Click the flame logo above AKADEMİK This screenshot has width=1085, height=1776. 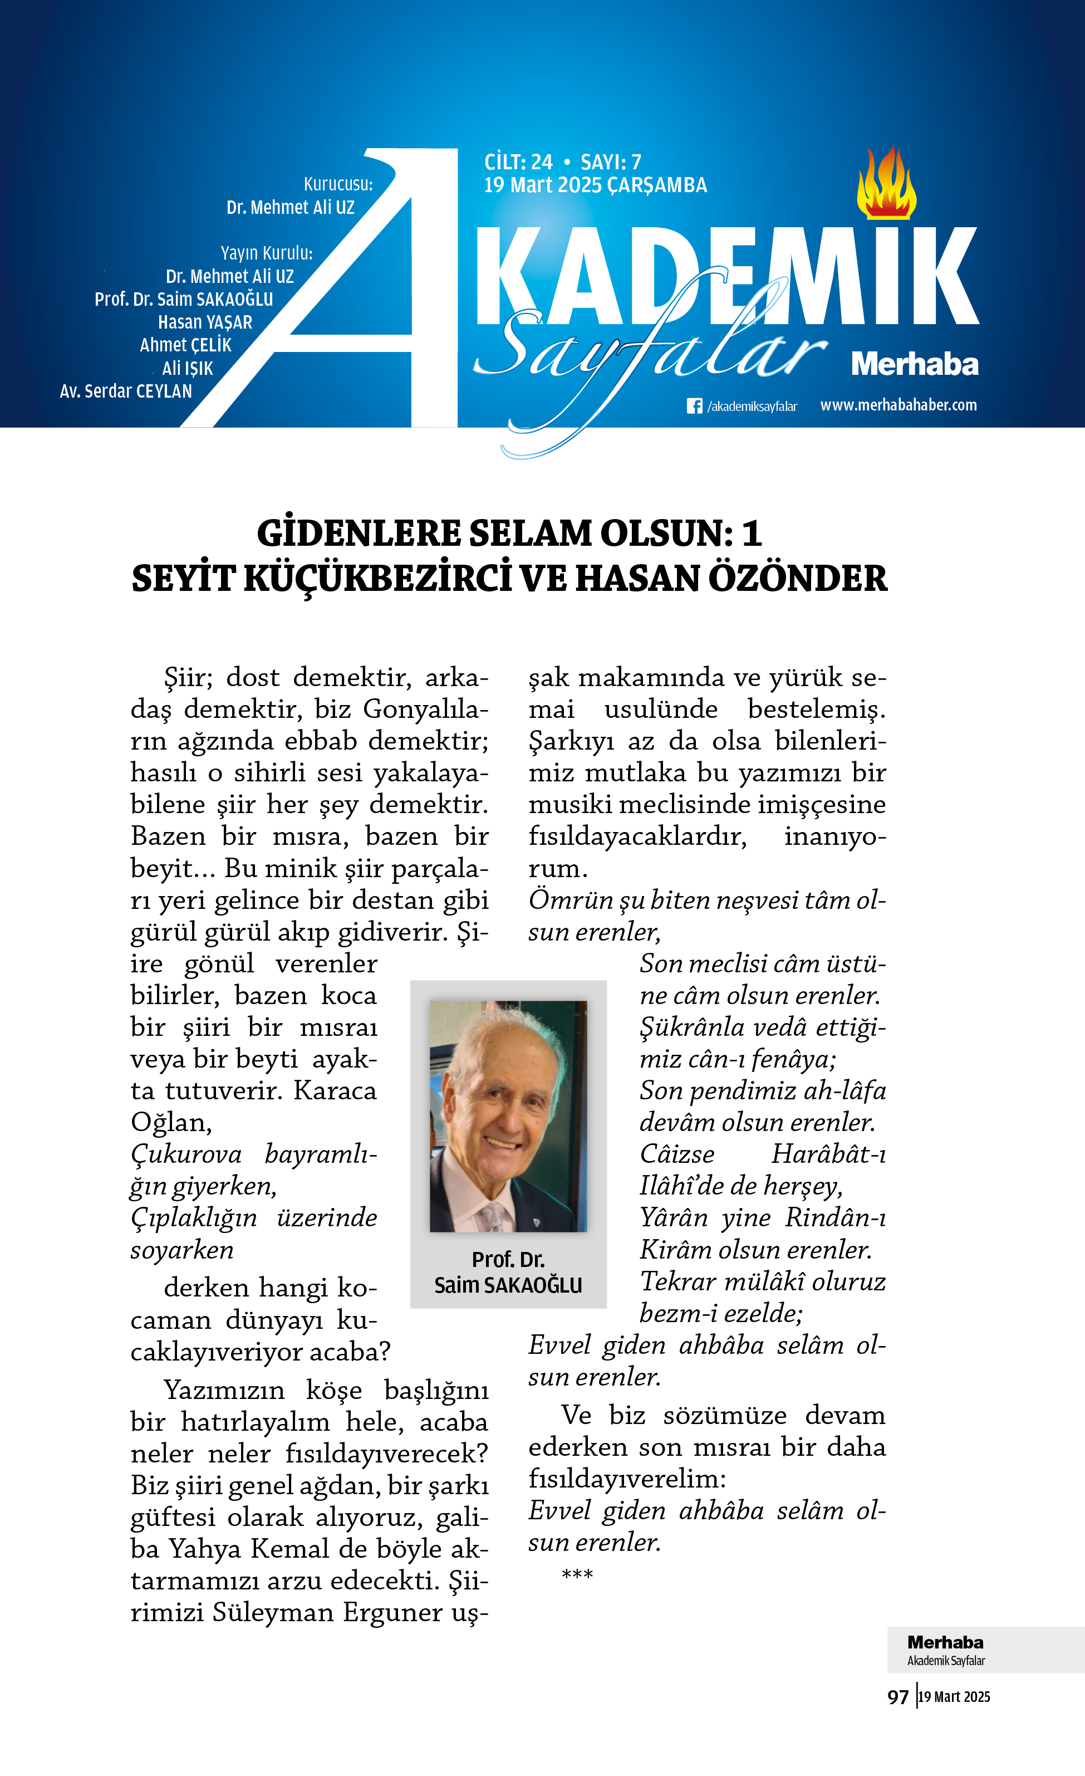coord(886,184)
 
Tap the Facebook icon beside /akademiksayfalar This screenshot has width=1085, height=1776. coord(694,406)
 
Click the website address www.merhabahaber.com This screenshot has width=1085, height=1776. coord(899,405)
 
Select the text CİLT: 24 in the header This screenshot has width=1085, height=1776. coord(518,162)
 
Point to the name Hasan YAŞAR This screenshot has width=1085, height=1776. coord(205,322)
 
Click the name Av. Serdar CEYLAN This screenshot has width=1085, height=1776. coord(126,392)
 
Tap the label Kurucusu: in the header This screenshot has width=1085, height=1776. coord(338,184)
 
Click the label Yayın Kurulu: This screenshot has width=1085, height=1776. coord(267,253)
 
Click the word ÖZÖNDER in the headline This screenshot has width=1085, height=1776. coord(798,579)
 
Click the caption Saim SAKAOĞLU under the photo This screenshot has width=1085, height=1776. coord(508,1285)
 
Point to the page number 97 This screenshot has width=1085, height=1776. coord(898,1697)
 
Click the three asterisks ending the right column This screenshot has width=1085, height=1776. coord(577,1574)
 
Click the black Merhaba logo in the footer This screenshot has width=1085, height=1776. coord(945,1642)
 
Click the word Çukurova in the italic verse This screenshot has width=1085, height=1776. coord(186,1154)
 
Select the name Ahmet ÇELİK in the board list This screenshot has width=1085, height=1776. coord(186,345)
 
